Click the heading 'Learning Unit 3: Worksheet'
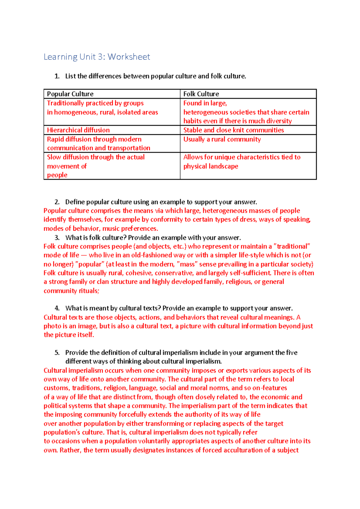[97, 57]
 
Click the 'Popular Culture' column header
[70, 94]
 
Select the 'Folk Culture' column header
[201, 94]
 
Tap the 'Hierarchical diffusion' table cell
[78, 130]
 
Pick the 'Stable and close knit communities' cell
[233, 130]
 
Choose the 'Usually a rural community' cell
[222, 139]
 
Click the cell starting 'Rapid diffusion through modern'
[98, 144]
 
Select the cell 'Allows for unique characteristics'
[241, 162]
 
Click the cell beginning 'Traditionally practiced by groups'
[102, 108]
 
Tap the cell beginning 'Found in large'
[246, 112]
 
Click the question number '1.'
[57, 76]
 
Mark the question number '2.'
[57, 202]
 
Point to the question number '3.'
[57, 238]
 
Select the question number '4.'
[57, 308]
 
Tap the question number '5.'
[57, 353]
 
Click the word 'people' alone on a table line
[57, 175]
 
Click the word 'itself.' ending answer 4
[86, 335]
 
